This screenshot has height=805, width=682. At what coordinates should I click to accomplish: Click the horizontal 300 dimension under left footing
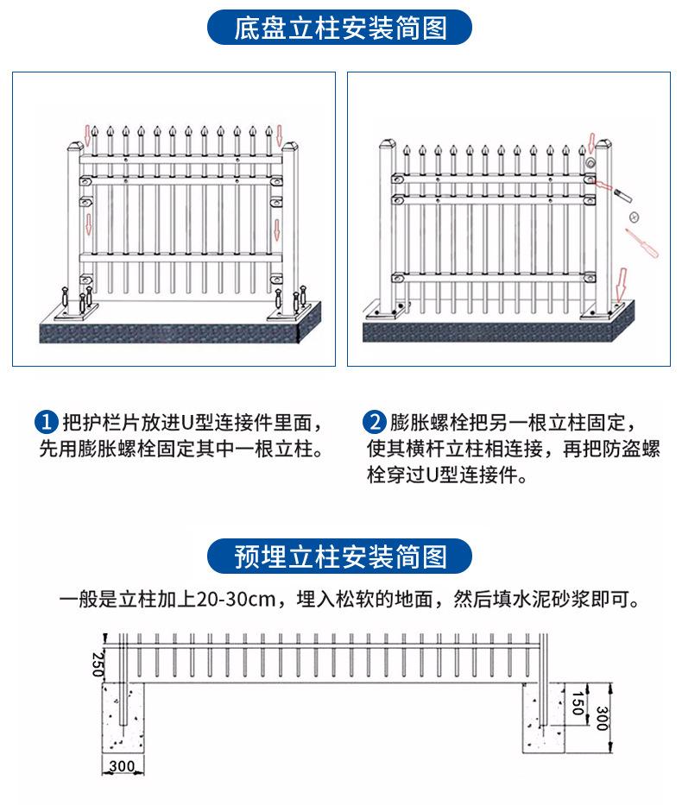tap(122, 764)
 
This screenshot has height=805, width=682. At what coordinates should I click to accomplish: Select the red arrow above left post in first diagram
tap(86, 134)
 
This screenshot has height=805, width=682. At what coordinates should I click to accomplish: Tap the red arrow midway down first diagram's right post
tap(277, 230)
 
